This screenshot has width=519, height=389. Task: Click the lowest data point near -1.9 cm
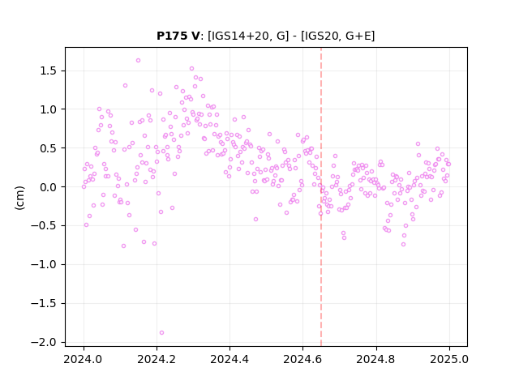coord(161,333)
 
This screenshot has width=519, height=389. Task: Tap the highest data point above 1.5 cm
coord(139,61)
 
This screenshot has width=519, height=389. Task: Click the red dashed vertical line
coord(321,197)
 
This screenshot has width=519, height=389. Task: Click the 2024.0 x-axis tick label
coord(84,359)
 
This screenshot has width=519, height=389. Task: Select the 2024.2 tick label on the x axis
coord(157,359)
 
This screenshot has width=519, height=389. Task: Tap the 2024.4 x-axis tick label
coord(229,359)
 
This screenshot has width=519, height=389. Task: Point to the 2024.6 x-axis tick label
coord(302,359)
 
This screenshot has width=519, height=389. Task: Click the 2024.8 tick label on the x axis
coord(375,359)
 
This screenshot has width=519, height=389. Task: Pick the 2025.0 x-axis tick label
coord(449,359)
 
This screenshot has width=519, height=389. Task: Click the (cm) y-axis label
coord(19,198)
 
